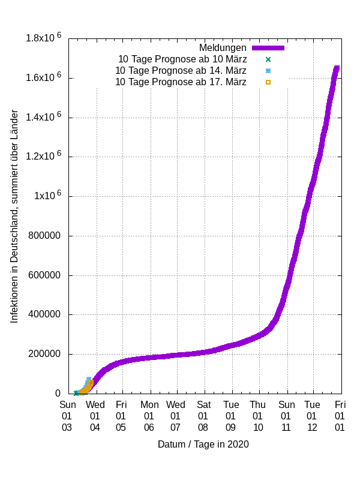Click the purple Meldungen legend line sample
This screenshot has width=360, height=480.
click(x=268, y=47)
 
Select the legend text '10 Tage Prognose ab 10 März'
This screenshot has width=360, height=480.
click(x=182, y=59)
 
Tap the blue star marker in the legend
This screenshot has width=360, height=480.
click(x=268, y=70)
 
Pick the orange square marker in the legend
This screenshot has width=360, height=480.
click(x=268, y=82)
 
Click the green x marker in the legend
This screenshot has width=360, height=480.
click(x=268, y=59)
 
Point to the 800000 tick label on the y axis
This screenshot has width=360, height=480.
click(x=43, y=236)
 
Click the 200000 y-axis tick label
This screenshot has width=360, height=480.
click(x=43, y=354)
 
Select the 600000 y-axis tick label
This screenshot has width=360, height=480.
click(x=43, y=275)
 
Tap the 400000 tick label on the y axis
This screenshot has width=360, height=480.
click(x=43, y=314)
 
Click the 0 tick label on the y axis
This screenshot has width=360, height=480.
click(x=59, y=394)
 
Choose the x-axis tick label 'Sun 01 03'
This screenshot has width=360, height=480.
click(x=67, y=416)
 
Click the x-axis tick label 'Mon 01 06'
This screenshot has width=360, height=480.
click(x=149, y=416)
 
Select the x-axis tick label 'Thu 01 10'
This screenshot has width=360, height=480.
click(x=258, y=416)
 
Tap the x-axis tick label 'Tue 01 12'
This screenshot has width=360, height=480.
click(x=312, y=416)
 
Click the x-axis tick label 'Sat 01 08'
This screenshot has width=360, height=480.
click(x=203, y=416)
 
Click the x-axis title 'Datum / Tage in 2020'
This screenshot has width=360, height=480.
click(x=203, y=445)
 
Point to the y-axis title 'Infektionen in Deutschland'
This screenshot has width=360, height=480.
click(x=14, y=216)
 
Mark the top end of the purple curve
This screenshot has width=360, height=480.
click(x=337, y=67)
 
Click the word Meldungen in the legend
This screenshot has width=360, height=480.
click(x=223, y=47)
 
